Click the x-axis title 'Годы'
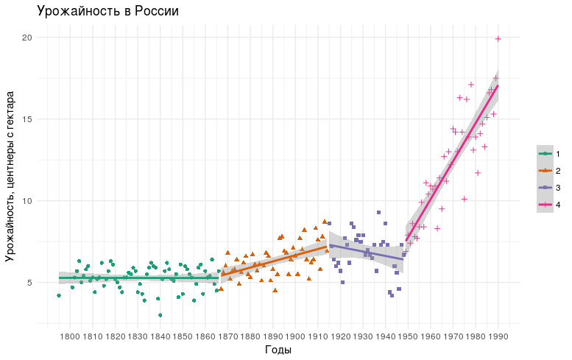278,350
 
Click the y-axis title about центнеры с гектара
10,177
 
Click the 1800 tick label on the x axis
70,336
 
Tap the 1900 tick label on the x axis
295,336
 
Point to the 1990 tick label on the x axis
498,336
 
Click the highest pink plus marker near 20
498,39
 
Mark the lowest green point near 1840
160,315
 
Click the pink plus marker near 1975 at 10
465,199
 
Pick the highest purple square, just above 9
378,212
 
